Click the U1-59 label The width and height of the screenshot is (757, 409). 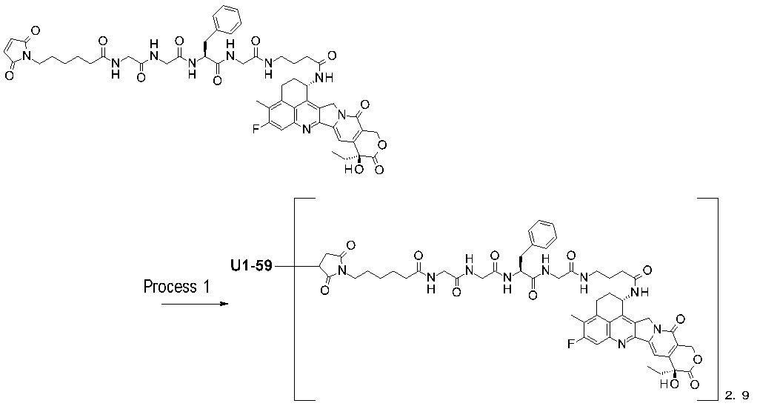click(253, 265)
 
